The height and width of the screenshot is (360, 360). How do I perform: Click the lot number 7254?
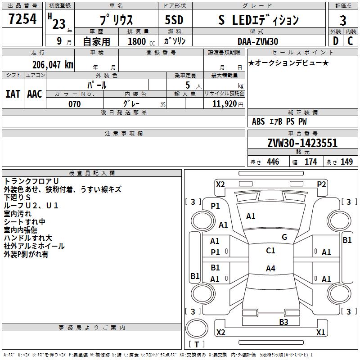coord(22,19)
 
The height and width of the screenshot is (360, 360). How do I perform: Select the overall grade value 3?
coord(343,21)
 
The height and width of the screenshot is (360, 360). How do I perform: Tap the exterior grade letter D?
coord(335,41)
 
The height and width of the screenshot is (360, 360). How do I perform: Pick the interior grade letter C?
coord(350,41)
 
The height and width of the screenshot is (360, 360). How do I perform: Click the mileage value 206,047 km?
coord(53,65)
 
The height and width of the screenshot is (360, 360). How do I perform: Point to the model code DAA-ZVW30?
coord(258,41)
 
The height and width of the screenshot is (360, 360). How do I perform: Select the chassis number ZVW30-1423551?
coord(302,143)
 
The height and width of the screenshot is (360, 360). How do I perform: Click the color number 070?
coord(75,104)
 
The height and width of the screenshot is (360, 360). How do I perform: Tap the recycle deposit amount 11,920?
coord(225,104)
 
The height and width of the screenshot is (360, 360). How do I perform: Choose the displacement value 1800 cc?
coord(141,41)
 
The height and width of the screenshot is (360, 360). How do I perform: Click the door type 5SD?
coord(174,20)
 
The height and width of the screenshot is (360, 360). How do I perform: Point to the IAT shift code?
coord(13,94)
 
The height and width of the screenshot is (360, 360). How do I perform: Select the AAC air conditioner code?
coord(35,94)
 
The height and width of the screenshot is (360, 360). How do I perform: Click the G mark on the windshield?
coord(284,237)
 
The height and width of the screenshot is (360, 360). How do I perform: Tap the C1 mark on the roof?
coord(270,251)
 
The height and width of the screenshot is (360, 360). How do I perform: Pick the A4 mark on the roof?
coord(270,268)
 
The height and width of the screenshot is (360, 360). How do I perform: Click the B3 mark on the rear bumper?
coord(283,322)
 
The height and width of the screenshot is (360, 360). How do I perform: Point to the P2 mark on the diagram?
coord(321,184)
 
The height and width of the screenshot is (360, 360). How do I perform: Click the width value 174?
coord(310,162)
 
